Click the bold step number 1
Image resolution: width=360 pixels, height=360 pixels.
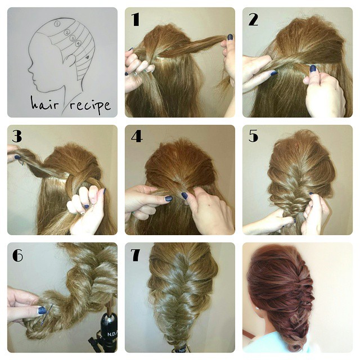136,19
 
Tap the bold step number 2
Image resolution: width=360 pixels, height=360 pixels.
253,19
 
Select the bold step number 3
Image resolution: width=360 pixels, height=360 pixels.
17,136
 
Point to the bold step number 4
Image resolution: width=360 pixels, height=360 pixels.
137,136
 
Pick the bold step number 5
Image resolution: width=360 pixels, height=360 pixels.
253,136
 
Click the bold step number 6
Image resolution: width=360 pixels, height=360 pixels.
17,255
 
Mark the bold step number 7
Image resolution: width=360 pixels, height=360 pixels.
136,255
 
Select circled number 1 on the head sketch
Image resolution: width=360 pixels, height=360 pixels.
57,24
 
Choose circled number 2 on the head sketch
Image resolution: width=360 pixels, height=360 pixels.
66,33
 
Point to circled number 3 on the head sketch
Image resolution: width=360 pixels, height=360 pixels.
73,38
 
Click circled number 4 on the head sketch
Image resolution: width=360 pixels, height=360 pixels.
79,43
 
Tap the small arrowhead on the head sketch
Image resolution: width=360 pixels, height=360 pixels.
87,57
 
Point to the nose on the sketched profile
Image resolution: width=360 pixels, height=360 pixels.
30,68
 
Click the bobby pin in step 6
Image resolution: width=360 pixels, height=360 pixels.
47,314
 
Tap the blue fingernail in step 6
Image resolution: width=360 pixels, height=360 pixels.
42,310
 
